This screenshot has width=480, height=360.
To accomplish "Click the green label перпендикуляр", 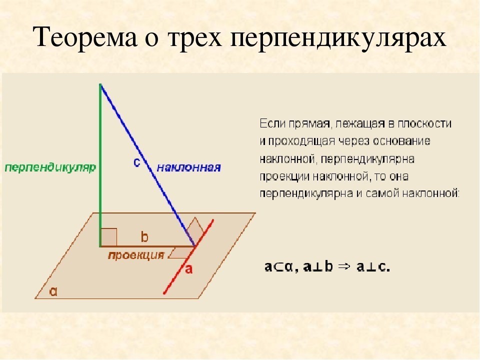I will point(50,167).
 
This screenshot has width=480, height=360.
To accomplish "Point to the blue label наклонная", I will point(188,167).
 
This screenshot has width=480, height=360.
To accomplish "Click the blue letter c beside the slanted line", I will point(136,162).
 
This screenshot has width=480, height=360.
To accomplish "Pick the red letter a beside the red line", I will point(188,269).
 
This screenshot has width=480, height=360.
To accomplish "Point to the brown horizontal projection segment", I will point(150,246).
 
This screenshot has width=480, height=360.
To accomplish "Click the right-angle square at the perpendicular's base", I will point(109,237).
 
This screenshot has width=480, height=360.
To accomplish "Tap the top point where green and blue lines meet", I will point(101,85).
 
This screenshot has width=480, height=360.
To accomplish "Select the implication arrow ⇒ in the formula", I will point(343,267).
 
